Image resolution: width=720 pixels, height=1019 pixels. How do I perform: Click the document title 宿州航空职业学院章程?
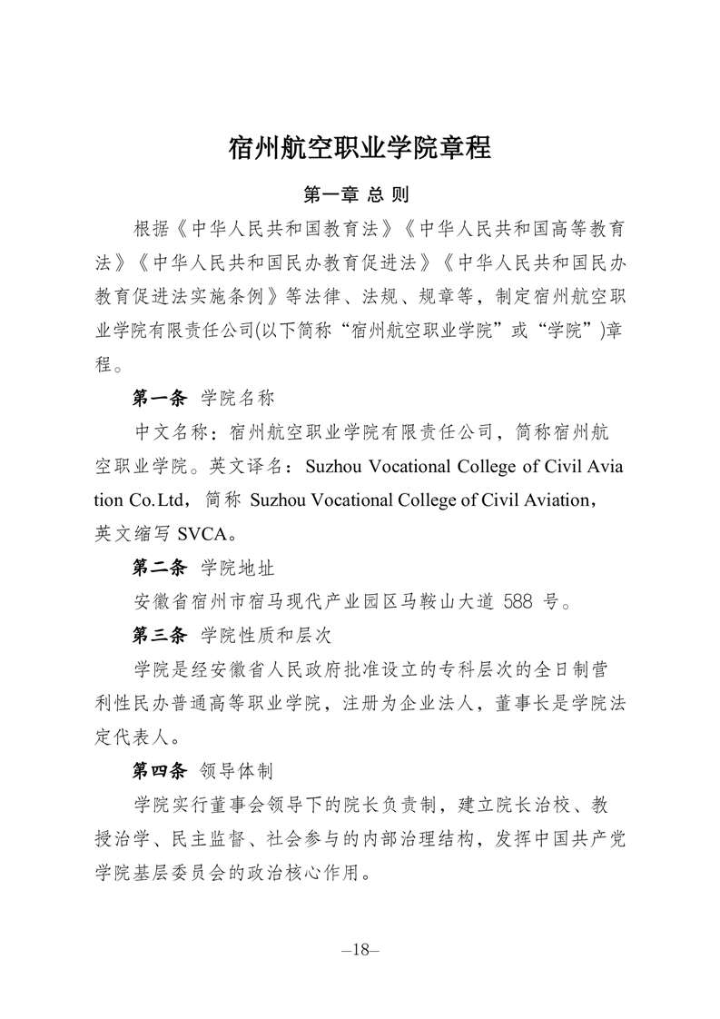pyautogui.click(x=360, y=148)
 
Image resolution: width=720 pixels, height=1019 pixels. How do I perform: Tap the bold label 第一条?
pyautogui.click(x=159, y=398)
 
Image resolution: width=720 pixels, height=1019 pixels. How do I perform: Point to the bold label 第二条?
pyautogui.click(x=159, y=568)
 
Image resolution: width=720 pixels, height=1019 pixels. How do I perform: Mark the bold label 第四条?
pyautogui.click(x=159, y=771)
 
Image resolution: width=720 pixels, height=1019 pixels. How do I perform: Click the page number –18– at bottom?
pyautogui.click(x=360, y=950)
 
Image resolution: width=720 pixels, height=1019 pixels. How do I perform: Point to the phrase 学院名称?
pyautogui.click(x=238, y=398)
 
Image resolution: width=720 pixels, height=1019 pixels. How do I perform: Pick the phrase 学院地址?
pyautogui.click(x=238, y=568)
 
